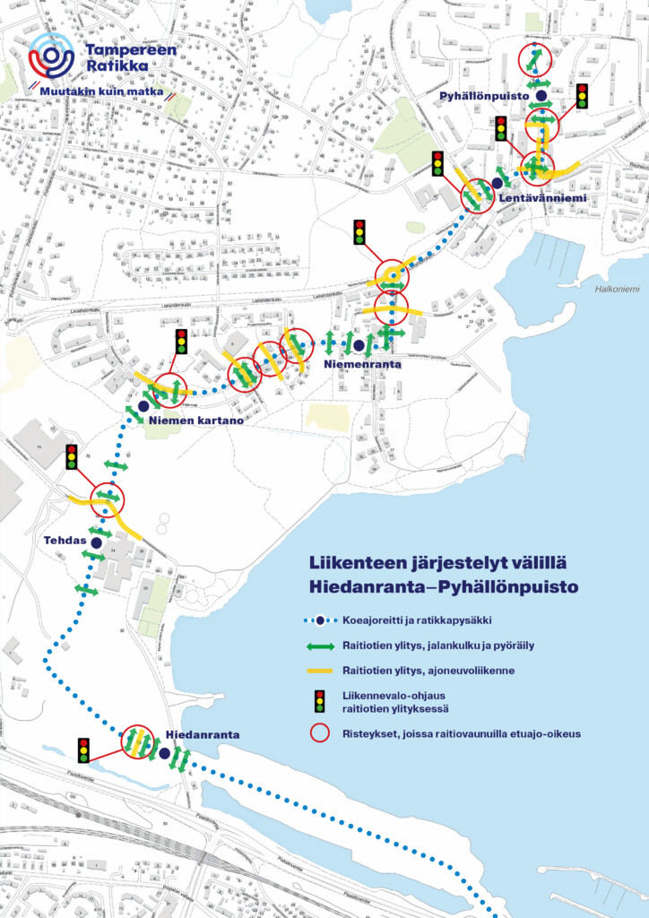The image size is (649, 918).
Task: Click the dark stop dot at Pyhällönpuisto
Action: (541, 95)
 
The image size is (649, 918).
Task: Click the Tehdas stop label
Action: (63, 541)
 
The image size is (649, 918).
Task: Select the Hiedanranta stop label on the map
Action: (203, 735)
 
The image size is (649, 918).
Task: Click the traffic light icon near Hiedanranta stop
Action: (84, 749)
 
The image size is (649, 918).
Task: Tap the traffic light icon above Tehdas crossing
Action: (73, 458)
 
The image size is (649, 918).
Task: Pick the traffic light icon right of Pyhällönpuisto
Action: (582, 96)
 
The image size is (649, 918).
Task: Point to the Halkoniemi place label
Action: (615, 289)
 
